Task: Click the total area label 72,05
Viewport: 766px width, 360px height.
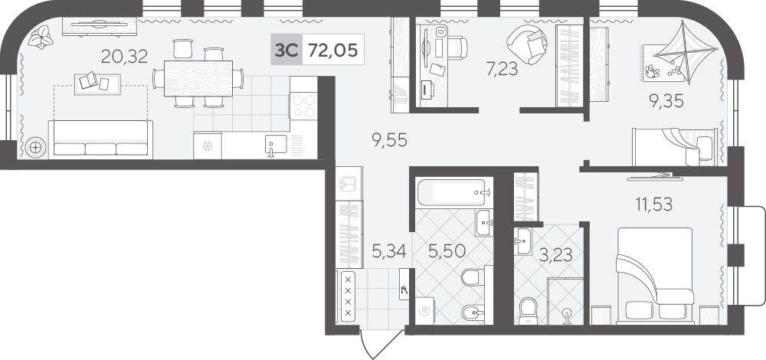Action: point(332,50)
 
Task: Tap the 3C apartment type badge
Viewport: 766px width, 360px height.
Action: point(286,50)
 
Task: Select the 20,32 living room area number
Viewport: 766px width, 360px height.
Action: point(124,57)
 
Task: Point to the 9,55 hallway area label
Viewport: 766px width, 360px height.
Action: point(389,140)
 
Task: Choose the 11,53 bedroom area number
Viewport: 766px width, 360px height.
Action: point(653,204)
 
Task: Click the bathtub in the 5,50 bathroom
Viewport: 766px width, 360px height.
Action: point(453,192)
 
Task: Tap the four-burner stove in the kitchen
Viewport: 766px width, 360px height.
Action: point(303,106)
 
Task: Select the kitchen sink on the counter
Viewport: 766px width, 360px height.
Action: point(277,146)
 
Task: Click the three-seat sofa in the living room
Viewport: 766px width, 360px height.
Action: point(100,139)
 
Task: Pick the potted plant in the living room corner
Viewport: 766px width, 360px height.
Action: point(41,37)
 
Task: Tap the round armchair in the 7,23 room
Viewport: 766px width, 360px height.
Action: point(527,44)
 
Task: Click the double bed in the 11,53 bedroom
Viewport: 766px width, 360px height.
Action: point(655,276)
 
